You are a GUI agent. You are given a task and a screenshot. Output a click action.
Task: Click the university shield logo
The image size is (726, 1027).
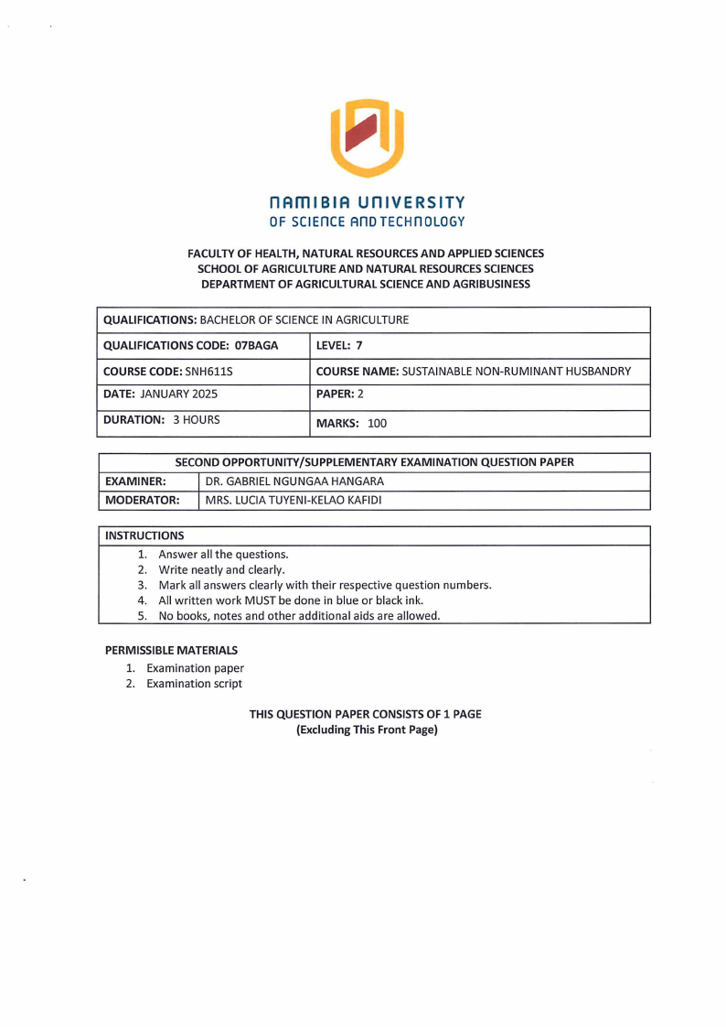(366, 137)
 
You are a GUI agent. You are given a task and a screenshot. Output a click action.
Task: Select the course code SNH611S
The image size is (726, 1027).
(209, 372)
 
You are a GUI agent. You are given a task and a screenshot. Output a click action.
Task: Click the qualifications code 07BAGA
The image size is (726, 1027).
(257, 346)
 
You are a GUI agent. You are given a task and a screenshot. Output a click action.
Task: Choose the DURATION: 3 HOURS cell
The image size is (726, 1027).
(162, 421)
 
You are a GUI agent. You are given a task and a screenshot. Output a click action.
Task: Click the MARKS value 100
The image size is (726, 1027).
(378, 424)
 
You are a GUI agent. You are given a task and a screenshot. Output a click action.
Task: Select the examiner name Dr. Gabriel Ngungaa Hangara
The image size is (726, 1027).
(294, 481)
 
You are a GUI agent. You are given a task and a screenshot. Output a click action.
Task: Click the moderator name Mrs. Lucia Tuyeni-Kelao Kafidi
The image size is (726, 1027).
(294, 501)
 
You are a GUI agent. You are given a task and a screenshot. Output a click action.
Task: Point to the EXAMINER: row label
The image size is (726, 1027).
(135, 481)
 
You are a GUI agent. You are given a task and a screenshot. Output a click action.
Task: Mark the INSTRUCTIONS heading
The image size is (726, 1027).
(144, 535)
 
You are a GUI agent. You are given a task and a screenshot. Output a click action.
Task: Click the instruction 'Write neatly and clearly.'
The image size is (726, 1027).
(222, 569)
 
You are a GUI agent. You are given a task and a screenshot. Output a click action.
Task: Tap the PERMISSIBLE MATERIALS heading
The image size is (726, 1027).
(171, 650)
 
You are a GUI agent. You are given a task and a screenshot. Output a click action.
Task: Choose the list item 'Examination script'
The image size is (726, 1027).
(194, 684)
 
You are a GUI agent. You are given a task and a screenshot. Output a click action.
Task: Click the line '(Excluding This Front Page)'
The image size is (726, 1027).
(367, 730)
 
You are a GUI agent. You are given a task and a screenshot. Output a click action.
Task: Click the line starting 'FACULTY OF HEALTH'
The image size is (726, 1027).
(366, 253)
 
